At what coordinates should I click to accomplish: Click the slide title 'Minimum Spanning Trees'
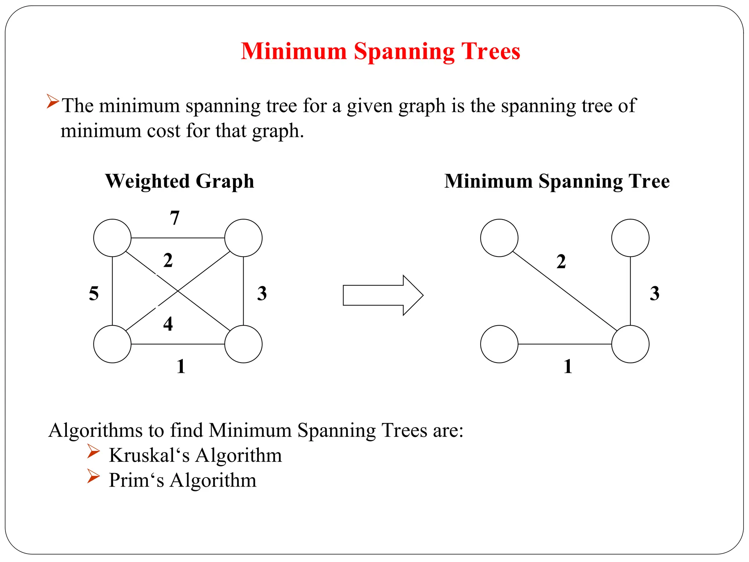[x=380, y=51]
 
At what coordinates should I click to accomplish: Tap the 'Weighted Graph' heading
[x=180, y=181]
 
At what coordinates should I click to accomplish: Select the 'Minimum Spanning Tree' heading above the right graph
[x=557, y=181]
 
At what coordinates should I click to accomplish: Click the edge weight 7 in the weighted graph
[x=175, y=218]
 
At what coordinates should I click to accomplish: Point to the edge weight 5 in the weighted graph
[x=94, y=293]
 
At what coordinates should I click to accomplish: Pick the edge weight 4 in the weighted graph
[x=168, y=324]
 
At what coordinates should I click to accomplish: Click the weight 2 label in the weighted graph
[x=168, y=261]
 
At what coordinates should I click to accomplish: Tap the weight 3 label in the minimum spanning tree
[x=654, y=293]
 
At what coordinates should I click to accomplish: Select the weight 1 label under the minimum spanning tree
[x=568, y=366]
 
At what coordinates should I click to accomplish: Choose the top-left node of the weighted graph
[x=112, y=238]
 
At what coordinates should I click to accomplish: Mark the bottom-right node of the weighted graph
[x=243, y=344]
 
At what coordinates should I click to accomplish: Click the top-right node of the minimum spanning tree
[x=630, y=238]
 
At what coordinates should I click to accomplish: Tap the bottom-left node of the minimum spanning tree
[x=499, y=344]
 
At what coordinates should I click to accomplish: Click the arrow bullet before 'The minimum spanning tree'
[x=53, y=101]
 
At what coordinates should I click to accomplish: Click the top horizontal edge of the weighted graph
[x=178, y=238]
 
